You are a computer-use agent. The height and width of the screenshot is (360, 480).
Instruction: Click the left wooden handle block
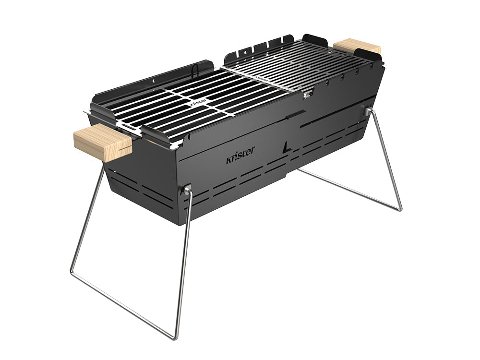102,142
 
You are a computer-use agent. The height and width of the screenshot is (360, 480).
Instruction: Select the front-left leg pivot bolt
186,190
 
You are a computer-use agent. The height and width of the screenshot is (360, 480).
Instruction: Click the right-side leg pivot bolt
368,111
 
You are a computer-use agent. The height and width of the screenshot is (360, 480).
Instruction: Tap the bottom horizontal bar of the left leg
122,305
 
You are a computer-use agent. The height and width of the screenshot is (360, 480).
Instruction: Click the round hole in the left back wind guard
155,82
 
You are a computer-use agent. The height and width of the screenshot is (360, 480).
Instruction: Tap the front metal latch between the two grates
306,95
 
